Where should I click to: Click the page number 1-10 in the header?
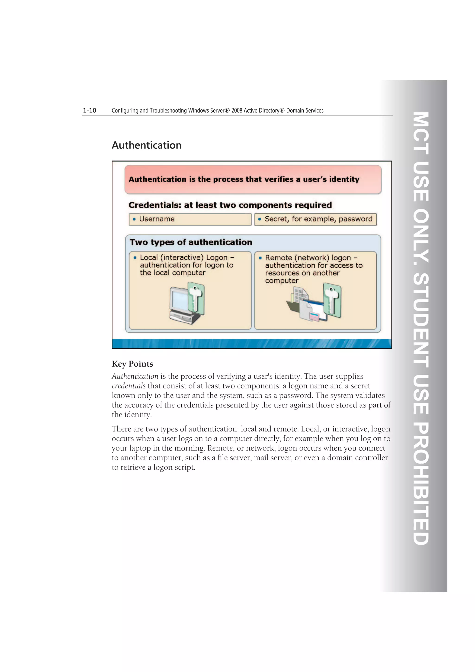pos(89,110)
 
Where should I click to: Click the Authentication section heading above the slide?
pos(146,145)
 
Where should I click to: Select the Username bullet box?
pos(190,219)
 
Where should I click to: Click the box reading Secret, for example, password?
pos(315,219)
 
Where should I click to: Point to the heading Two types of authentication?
pos(191,242)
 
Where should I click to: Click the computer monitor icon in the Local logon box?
pos(179,303)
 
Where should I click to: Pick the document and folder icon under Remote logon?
pos(298,303)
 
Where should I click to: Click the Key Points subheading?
pos(132,364)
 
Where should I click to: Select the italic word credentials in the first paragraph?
pos(128,386)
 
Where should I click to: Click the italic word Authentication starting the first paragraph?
pos(135,376)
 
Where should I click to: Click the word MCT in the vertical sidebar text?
pos(421,133)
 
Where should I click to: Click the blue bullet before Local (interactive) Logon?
pos(135,258)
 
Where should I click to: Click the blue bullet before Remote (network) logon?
pos(260,258)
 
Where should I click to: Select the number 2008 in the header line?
pos(237,111)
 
